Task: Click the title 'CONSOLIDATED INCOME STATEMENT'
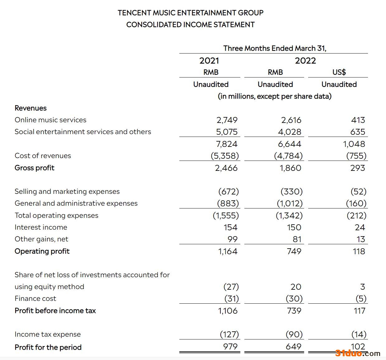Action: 190,25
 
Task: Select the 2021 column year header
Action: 209,61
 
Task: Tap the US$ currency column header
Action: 339,72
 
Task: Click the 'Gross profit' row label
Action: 35,168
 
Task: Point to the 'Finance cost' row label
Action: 35,298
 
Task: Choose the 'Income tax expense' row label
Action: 48,334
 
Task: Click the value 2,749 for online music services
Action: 227,120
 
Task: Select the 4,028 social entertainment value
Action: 289,132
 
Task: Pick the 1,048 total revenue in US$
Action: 354,144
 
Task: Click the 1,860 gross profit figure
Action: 290,168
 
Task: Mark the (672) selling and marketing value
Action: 228,191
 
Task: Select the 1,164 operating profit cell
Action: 228,251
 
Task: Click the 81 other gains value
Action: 297,239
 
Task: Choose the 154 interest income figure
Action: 230,227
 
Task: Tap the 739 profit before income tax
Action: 294,311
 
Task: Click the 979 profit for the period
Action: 230,346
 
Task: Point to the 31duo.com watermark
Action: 358,353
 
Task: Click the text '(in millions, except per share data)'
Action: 275,96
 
